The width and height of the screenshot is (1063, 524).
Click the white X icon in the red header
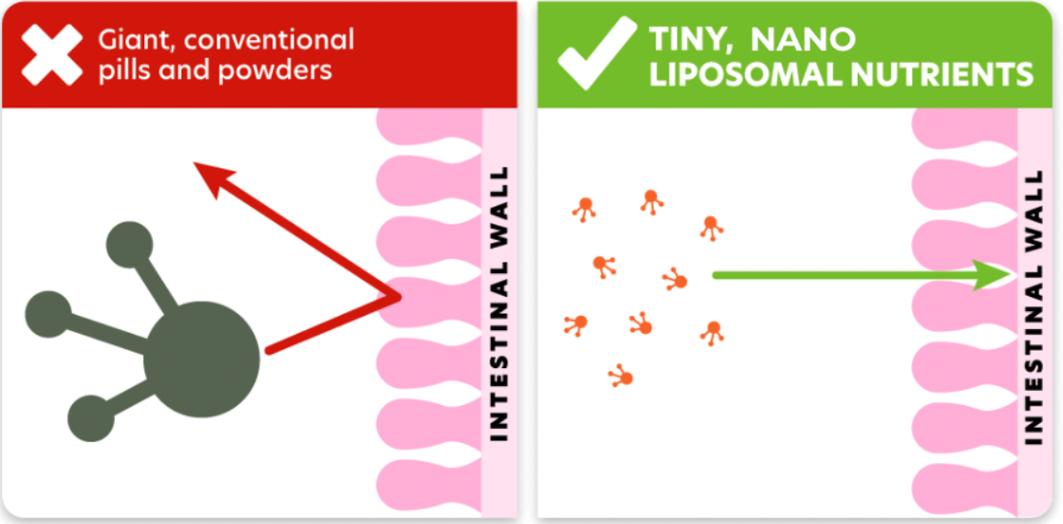[x=52, y=54]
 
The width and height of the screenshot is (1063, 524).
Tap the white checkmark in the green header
[x=597, y=53]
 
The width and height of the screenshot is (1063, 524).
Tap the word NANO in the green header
[x=804, y=40]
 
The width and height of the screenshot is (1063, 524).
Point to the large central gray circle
[x=202, y=359]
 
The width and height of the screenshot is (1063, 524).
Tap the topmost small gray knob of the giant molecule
[x=129, y=244]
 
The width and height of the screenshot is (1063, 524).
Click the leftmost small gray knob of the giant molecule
[x=48, y=314]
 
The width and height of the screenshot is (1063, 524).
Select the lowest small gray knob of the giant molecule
[x=91, y=418]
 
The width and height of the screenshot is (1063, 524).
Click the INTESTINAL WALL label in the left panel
[x=499, y=303]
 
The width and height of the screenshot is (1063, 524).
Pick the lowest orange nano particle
[x=621, y=376]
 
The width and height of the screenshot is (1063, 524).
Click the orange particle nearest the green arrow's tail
[x=675, y=279]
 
